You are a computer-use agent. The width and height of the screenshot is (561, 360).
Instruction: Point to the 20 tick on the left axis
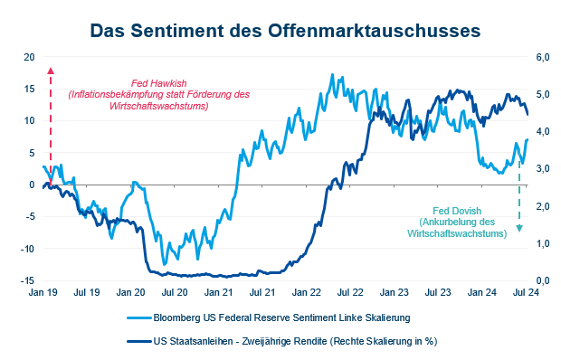27,56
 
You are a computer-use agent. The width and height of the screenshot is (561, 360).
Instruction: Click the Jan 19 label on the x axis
43,293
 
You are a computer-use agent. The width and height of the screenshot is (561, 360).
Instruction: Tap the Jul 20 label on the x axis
175,293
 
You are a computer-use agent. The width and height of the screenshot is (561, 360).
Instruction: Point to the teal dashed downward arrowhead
519,230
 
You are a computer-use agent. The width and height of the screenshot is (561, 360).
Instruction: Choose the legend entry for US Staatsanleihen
294,342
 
